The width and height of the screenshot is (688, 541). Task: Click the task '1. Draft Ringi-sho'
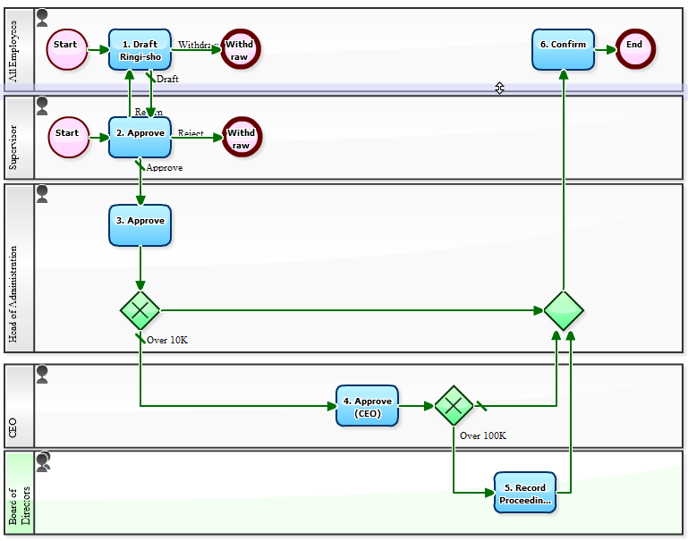coord(140,49)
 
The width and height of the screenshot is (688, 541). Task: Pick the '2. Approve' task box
coord(140,137)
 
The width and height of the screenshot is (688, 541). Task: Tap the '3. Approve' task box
coord(140,224)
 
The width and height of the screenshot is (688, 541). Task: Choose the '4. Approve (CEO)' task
coord(367,406)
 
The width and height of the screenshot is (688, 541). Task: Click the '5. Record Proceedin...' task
coord(524,493)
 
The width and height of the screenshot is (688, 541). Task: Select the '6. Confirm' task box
coord(563,48)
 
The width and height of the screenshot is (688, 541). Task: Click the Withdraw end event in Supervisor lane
coord(241,138)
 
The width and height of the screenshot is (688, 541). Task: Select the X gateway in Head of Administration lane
coord(140,311)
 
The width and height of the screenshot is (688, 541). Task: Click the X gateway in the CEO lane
coord(454,406)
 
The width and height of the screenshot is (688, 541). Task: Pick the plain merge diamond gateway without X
coord(563,311)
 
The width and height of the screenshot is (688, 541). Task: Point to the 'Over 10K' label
coord(167,340)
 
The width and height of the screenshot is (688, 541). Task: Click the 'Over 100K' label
coord(483,436)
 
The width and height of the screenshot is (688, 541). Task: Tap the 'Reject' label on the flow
coord(191,133)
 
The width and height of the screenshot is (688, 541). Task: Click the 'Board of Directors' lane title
coord(19,493)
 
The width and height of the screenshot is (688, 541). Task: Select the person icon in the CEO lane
coord(42,374)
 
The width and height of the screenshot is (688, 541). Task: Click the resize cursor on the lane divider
coord(499,88)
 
